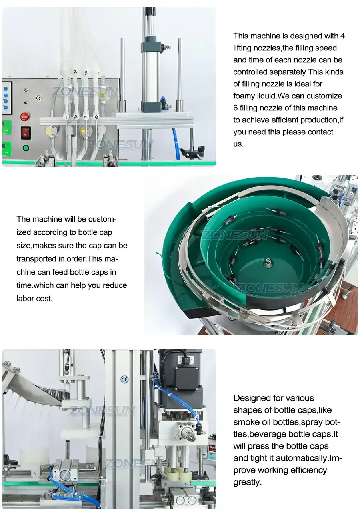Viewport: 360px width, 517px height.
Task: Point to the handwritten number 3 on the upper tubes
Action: tap(85, 73)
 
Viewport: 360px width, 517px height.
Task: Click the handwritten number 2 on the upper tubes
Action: tap(75, 72)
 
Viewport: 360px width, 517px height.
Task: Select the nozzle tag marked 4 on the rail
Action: tap(96, 117)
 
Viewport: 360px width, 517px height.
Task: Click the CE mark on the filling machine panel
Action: tap(38, 97)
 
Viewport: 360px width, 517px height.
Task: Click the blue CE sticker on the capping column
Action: tap(124, 379)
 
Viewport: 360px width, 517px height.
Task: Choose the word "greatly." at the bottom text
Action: tap(247, 482)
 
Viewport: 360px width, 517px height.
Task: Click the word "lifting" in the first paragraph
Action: tap(244, 48)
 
